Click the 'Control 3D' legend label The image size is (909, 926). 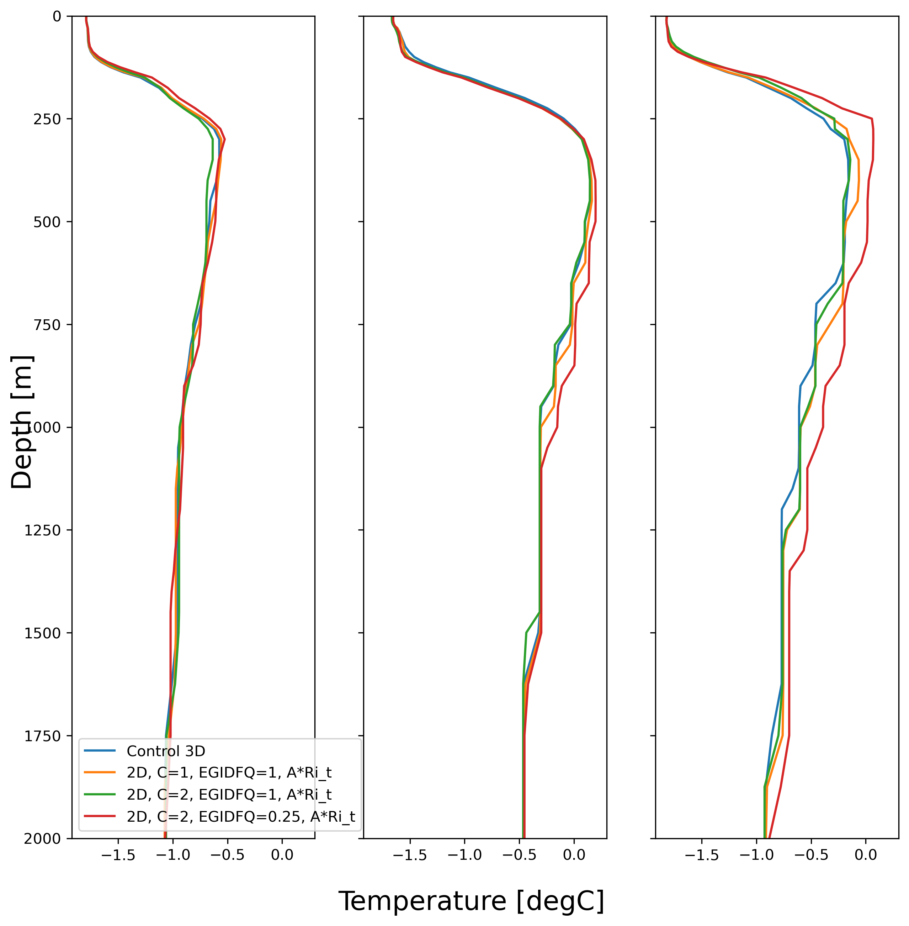coord(166,751)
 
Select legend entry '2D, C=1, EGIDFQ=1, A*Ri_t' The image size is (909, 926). coord(229,773)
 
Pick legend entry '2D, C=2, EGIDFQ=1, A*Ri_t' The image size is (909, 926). coord(229,794)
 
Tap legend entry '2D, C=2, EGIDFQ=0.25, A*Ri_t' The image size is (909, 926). coord(241,816)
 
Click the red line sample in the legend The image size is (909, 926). coord(100,816)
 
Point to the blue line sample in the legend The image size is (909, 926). coord(100,751)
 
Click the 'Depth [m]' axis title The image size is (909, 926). coord(22,422)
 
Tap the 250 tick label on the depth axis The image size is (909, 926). coord(47,119)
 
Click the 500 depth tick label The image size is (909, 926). coord(47,222)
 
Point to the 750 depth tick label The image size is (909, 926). coord(47,324)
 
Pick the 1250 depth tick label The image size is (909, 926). coord(42,530)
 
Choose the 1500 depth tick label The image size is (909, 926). coord(42,633)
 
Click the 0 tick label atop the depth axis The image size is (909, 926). coord(57,17)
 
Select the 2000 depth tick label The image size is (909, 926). coord(42,838)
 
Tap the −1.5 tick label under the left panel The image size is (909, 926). coord(118,855)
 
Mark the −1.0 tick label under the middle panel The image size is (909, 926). coord(464,855)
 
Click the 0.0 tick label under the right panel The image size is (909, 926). coord(866,855)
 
